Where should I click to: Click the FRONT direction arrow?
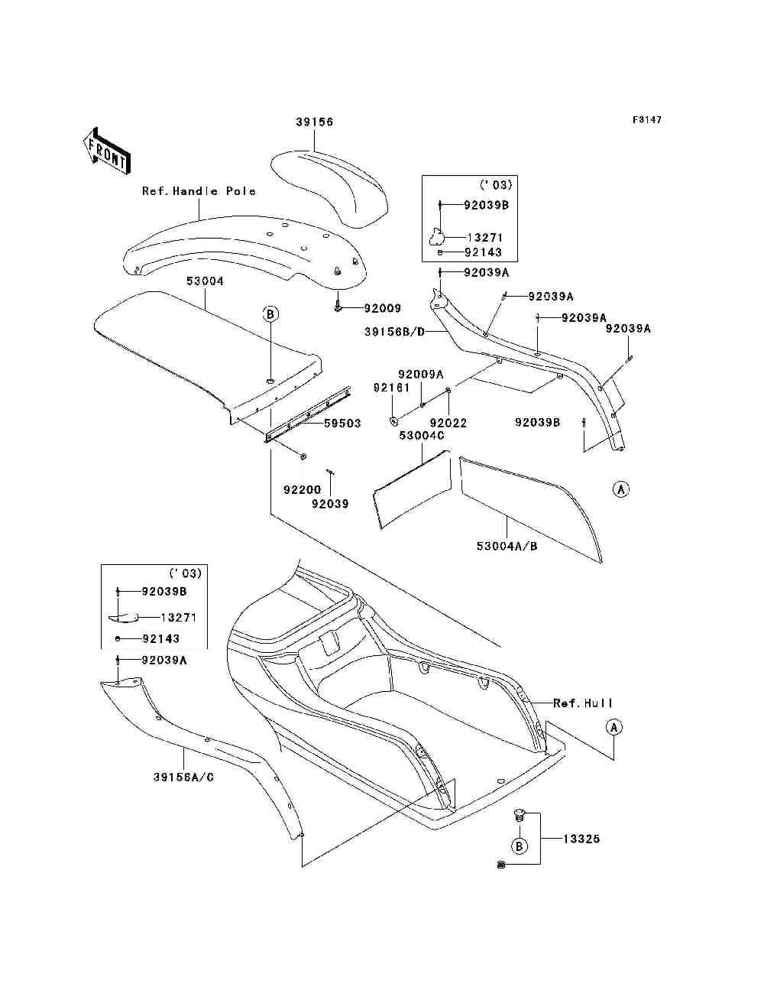pos(105,152)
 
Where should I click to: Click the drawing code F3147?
pos(646,120)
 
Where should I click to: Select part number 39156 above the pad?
pos(315,122)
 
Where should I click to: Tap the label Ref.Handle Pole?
pos(199,191)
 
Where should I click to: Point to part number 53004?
pos(205,281)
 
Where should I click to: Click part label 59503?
pos(342,424)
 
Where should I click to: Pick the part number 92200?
pos(303,490)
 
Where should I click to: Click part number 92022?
pos(448,423)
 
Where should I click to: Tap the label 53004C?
pos(422,436)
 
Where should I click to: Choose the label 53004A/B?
pos(507,547)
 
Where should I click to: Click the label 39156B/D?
pos(395,332)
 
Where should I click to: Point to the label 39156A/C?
pos(183,777)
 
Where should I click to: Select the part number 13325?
pos(581,839)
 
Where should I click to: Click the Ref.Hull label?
pos(583,703)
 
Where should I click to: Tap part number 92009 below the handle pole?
pos(382,308)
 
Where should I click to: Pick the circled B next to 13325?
pos(519,846)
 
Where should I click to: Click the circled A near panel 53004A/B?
pos(621,489)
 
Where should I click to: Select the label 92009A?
pos(420,374)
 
